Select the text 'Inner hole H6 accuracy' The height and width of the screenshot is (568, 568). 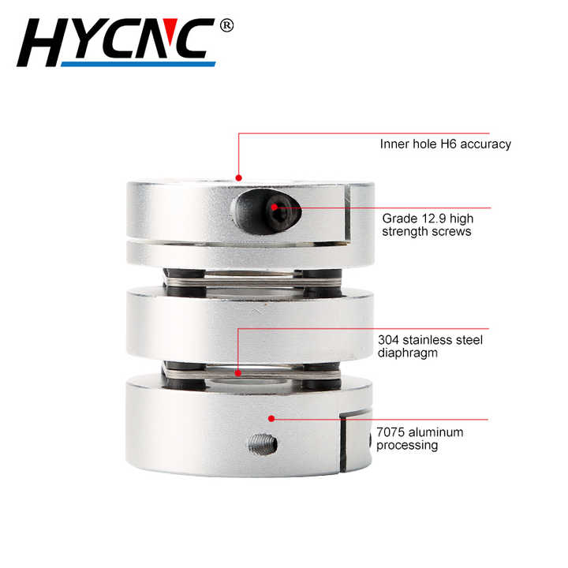(x=445, y=144)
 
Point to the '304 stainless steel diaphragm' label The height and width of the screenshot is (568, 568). (x=429, y=347)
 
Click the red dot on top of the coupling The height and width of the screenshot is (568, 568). (x=239, y=177)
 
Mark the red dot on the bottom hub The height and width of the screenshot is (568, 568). (x=271, y=418)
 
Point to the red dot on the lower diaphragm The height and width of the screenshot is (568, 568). (x=239, y=372)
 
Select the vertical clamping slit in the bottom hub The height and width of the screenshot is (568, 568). (x=345, y=446)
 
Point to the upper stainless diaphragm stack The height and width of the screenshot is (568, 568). (x=248, y=278)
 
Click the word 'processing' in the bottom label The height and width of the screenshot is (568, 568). (x=406, y=445)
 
